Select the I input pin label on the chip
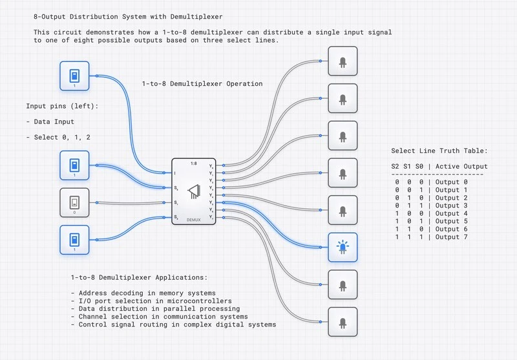click(175, 173)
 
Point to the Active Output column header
click(461, 166)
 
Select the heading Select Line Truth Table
click(439, 151)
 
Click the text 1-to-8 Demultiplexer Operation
click(202, 83)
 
